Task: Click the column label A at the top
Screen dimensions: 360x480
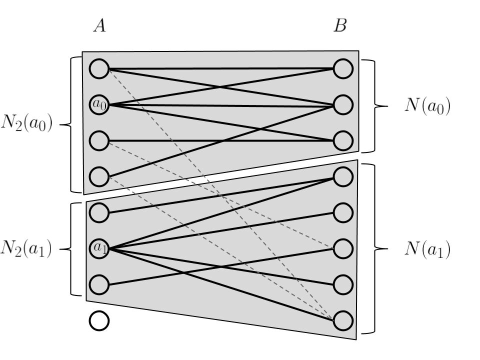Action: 99,26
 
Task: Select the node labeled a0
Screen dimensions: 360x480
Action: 99,104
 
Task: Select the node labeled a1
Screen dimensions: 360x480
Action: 99,247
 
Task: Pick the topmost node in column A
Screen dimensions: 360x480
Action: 99,68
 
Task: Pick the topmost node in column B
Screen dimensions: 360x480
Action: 343,68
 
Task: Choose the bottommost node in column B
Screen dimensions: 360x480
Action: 343,321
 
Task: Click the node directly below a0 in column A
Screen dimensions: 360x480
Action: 99,140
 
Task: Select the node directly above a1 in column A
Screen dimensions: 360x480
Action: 99,212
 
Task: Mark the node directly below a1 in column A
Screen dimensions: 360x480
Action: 99,284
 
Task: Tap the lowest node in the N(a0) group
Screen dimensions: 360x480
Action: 343,141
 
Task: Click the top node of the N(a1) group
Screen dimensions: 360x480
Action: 343,176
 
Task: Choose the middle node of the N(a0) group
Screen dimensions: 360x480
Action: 343,105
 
